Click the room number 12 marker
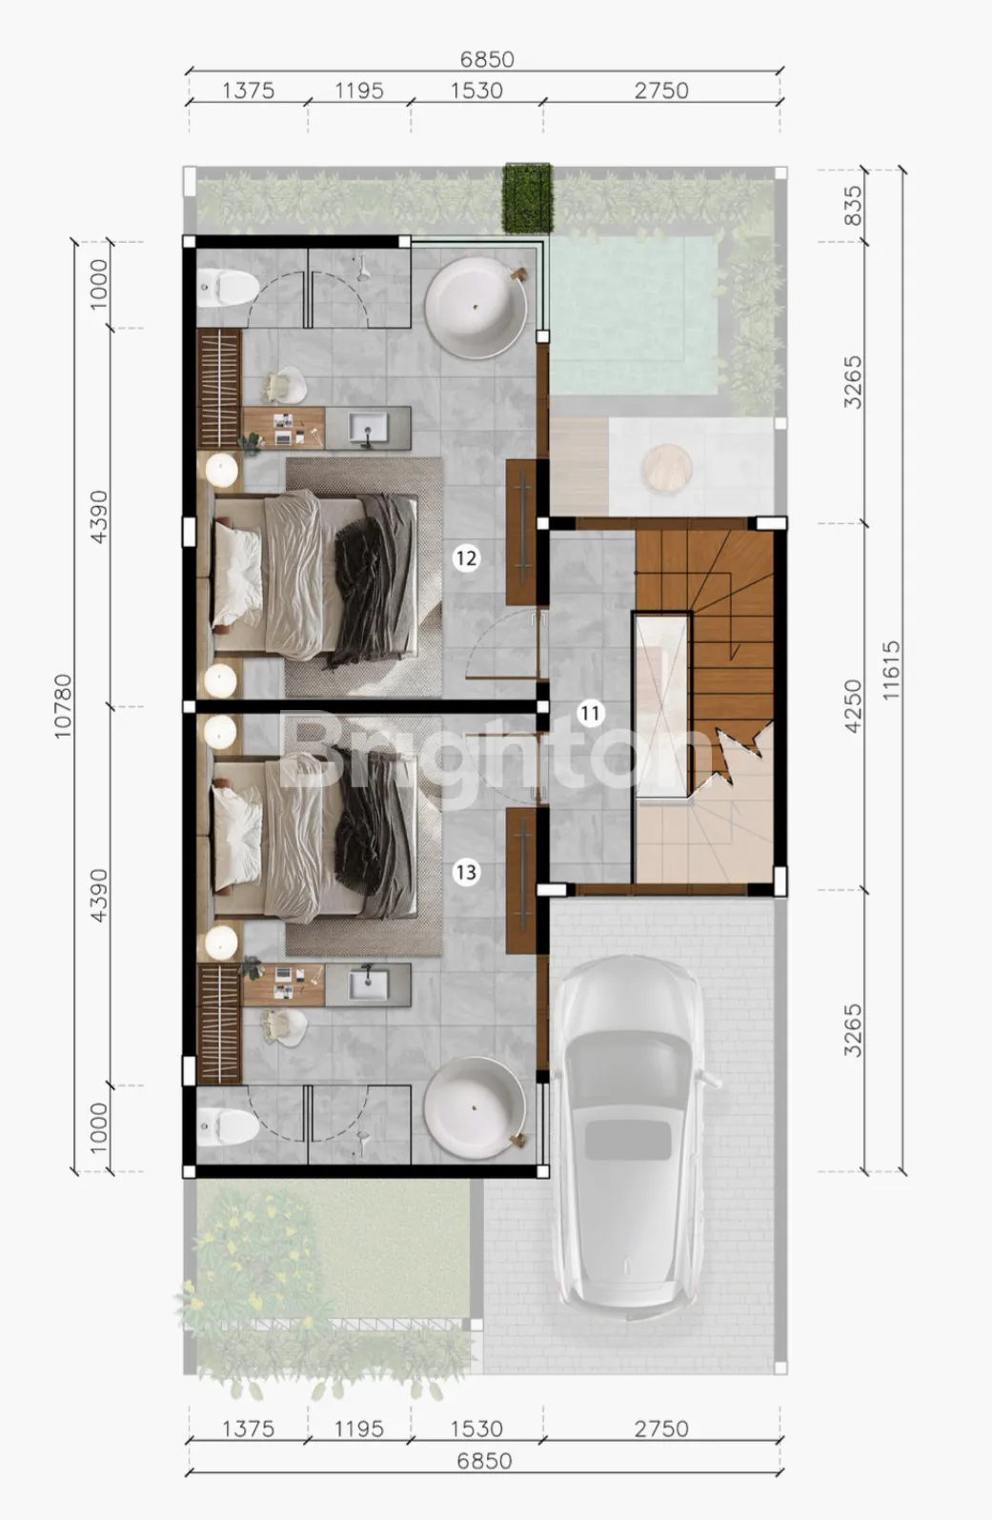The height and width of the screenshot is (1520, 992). (465, 558)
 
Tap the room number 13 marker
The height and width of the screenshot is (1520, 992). (465, 872)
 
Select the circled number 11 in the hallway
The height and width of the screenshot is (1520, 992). (590, 713)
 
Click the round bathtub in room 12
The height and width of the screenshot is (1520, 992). (476, 308)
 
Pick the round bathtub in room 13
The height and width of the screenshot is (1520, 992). (475, 1108)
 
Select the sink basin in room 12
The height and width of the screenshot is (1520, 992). (369, 428)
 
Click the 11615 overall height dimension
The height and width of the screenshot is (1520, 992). (891, 670)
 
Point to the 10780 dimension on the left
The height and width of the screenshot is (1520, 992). (63, 706)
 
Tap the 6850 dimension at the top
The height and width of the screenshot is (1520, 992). (487, 59)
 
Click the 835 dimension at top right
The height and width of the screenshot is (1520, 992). (852, 205)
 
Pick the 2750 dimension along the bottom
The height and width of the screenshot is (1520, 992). (661, 1429)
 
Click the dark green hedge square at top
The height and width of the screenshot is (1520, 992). (527, 198)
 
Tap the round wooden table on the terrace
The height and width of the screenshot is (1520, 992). (668, 468)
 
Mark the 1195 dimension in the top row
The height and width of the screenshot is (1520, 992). (359, 91)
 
